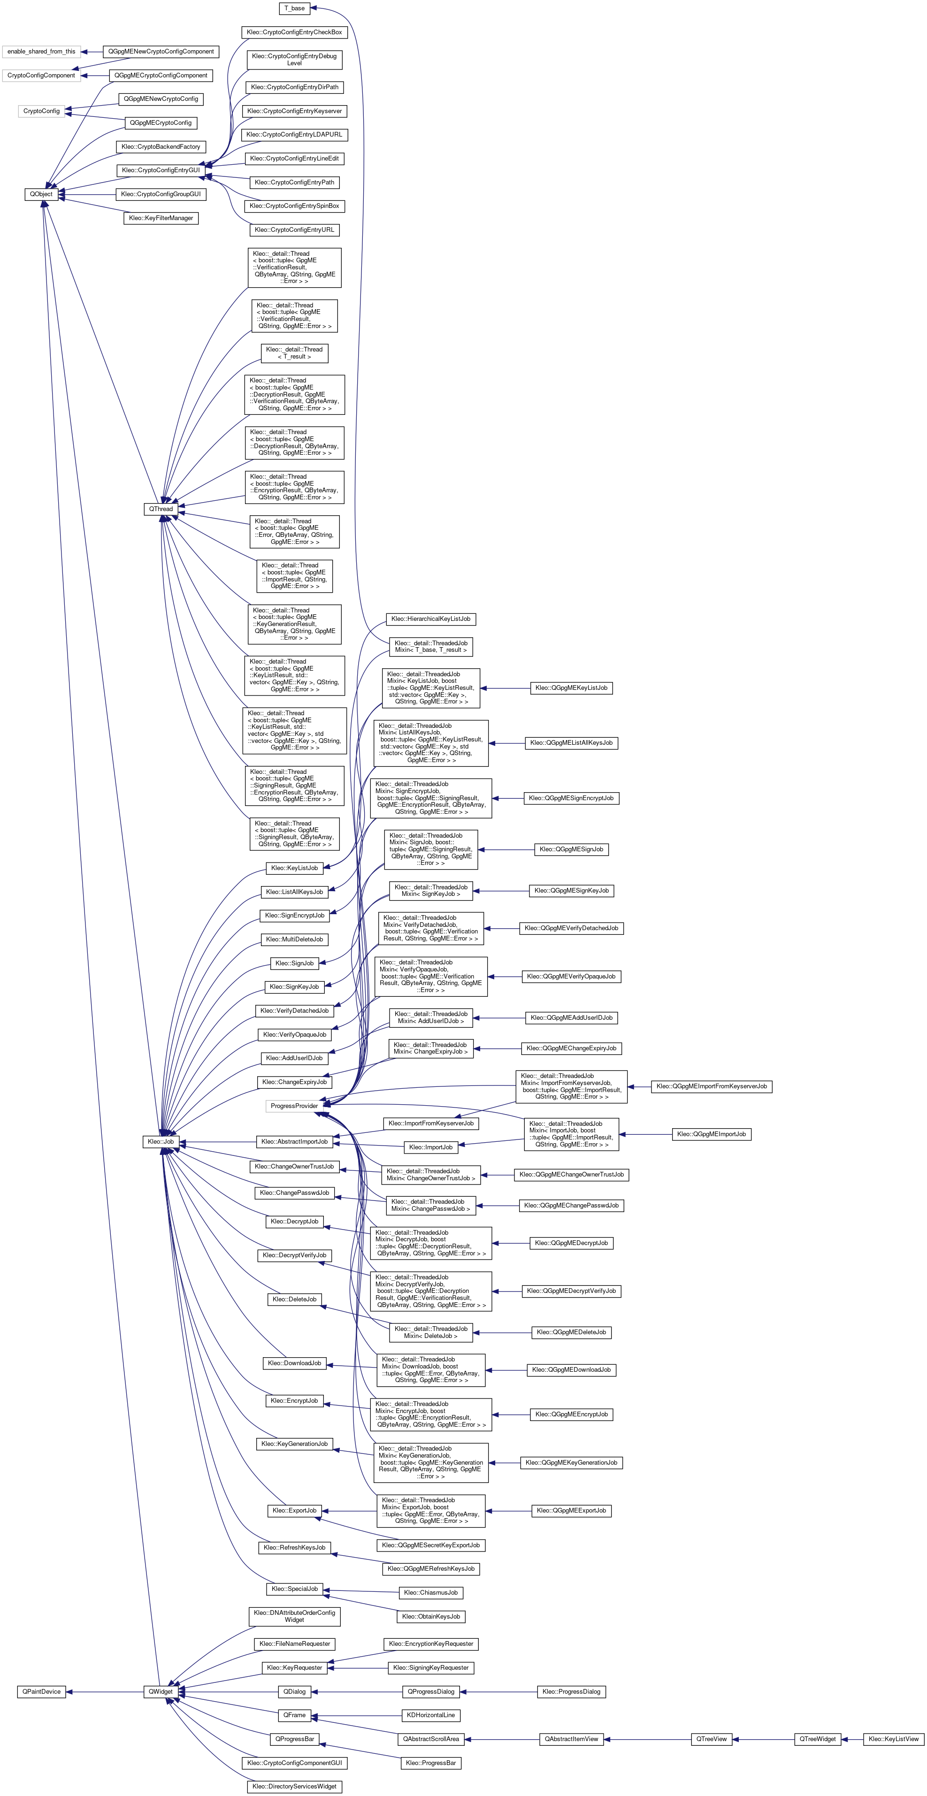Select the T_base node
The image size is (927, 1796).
click(294, 8)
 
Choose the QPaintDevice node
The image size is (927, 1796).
click(41, 1691)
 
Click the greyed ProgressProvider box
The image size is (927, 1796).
click(294, 1106)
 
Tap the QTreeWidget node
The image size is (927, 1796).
click(818, 1739)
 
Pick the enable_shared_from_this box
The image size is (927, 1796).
click(41, 52)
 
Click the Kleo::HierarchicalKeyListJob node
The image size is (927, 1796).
click(430, 619)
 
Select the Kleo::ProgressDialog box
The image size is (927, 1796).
click(571, 1691)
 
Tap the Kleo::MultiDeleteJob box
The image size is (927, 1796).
click(294, 939)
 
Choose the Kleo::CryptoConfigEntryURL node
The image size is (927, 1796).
click(294, 230)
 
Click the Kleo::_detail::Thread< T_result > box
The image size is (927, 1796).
click(294, 353)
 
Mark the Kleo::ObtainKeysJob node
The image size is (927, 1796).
click(430, 1616)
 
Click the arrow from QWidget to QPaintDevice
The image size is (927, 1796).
click(105, 1691)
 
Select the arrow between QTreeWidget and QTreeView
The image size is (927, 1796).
click(763, 1739)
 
